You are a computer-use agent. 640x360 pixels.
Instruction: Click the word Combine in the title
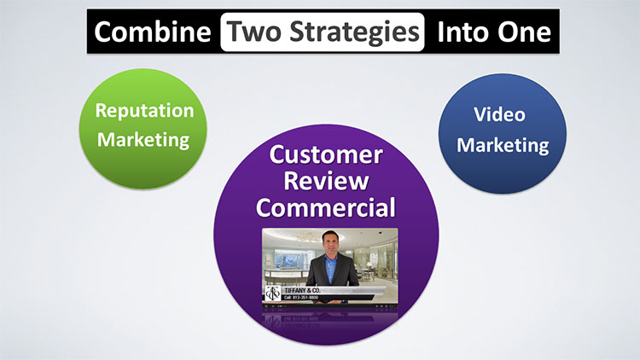152,32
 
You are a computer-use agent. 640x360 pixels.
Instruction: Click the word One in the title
524,32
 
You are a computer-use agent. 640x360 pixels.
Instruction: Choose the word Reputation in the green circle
144,111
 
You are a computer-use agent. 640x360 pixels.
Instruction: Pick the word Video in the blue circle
502,115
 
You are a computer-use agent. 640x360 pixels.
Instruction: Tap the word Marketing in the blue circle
502,144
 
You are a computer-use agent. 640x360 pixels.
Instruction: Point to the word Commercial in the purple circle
327,207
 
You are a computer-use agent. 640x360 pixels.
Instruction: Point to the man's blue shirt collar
330,260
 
